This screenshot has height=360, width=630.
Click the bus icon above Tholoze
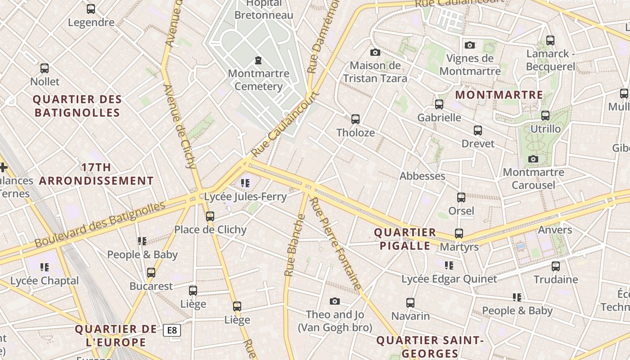[355, 119]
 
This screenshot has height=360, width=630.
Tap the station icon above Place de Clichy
[210, 216]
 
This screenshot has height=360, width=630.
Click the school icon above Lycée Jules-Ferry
[245, 183]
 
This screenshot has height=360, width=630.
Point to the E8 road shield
[172, 330]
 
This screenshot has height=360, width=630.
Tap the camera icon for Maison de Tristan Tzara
[375, 53]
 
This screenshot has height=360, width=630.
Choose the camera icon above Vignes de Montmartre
[469, 45]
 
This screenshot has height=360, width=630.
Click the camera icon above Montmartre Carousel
[533, 159]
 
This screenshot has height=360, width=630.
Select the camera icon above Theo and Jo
[334, 301]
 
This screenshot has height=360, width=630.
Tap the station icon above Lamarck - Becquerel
[550, 40]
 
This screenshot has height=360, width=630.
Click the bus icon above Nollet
[45, 68]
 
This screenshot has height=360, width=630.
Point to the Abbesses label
[422, 176]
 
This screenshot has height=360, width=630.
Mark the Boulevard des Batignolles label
[100, 224]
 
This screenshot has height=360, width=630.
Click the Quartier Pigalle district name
[405, 239]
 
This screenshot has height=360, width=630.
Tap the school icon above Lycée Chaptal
[44, 267]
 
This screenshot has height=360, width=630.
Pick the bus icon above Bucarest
[151, 273]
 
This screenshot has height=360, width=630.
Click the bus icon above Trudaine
[556, 266]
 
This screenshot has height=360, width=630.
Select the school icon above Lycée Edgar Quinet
[449, 265]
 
